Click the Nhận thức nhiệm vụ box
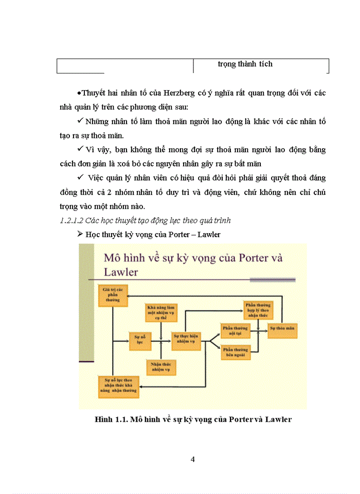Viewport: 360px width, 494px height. click(161, 366)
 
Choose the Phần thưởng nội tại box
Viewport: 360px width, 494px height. click(235, 330)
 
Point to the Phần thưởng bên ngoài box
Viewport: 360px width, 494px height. click(235, 352)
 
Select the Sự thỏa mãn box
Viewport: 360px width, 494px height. click(282, 328)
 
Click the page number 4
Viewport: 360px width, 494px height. click(192, 460)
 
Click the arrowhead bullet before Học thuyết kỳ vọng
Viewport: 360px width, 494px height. click(79, 234)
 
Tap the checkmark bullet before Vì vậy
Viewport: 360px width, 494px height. click(79, 149)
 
